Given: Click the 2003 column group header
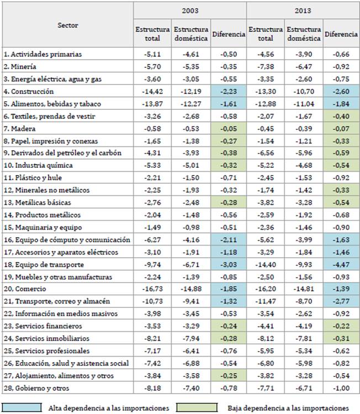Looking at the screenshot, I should [190, 10].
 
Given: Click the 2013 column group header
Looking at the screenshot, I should [303, 10].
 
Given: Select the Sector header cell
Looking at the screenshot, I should [67, 25].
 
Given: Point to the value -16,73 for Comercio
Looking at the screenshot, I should [152, 289].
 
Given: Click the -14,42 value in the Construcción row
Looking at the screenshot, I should [152, 91].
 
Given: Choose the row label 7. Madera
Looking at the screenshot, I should [22, 128].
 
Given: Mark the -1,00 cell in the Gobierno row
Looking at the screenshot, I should [341, 388].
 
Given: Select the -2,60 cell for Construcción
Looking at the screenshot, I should [341, 91].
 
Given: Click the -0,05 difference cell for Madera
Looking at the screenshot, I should [228, 128].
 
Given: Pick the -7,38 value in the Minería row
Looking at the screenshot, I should [265, 66].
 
